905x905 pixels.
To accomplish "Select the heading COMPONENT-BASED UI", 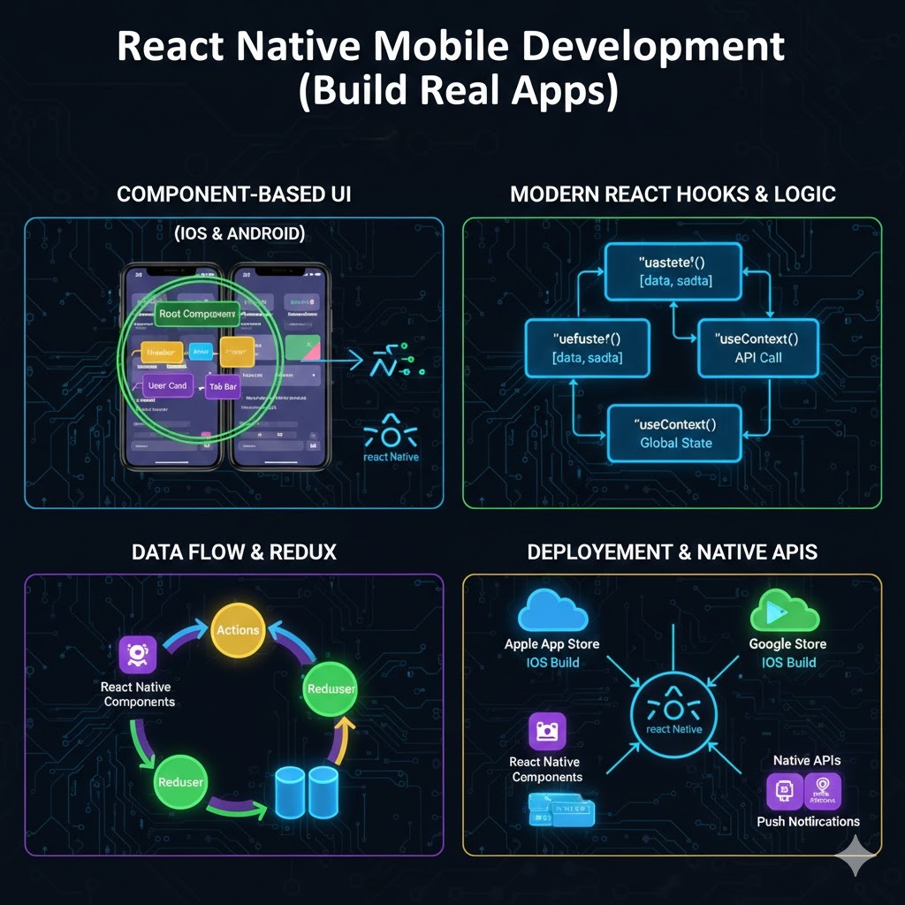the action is point(234,194).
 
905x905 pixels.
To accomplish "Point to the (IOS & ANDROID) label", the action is point(240,234).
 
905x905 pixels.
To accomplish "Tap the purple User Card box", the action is point(167,385).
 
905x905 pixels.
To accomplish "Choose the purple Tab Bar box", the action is point(223,387).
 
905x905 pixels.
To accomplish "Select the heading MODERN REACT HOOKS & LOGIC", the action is point(673,194).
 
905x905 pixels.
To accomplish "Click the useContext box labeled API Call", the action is point(758,348).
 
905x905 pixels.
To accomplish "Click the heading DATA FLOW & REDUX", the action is point(234,552).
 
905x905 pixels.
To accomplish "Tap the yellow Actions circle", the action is point(239,630).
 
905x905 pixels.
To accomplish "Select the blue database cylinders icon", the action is point(307,790).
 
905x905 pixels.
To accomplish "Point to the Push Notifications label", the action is point(808,821).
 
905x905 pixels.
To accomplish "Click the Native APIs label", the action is point(807,760).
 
